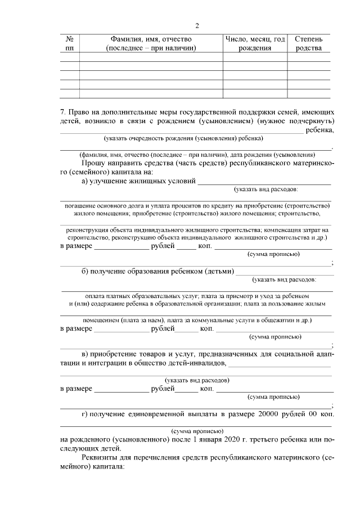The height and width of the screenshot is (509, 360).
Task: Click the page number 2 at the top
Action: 196,25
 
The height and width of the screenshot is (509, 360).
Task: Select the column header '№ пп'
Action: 70,44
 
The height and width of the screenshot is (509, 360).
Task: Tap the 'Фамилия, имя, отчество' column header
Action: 151,44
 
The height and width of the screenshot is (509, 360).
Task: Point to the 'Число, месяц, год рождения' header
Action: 255,44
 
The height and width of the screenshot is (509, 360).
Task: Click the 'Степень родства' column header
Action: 309,44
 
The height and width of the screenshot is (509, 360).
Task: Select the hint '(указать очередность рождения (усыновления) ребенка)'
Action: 184,138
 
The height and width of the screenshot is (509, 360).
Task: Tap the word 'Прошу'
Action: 94,163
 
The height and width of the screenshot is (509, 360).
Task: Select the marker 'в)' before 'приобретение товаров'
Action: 86,354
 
